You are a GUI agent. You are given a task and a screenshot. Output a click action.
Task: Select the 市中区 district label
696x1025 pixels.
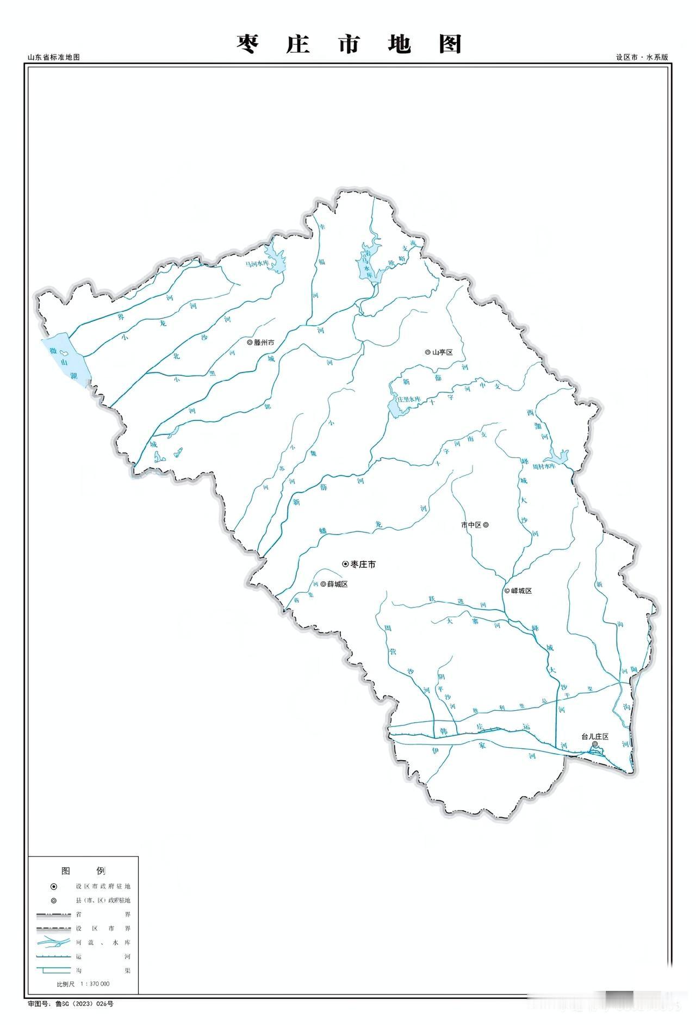(x=471, y=525)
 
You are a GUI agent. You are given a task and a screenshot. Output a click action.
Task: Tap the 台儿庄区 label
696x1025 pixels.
(x=595, y=737)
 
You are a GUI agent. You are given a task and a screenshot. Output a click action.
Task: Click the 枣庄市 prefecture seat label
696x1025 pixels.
(x=363, y=564)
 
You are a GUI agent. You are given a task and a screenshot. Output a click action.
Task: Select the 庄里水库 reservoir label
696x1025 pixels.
(x=409, y=399)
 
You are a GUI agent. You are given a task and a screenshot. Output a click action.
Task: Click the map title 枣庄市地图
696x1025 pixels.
(x=349, y=44)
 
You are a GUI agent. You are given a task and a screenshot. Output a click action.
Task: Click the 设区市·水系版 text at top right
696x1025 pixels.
(x=642, y=57)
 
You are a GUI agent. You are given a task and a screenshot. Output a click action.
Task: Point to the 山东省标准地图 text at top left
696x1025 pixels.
(x=54, y=57)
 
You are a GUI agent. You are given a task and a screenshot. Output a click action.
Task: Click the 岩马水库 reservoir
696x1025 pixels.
(x=368, y=266)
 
